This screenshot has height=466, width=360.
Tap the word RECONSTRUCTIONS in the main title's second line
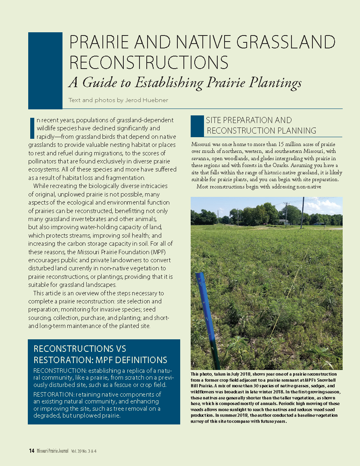pos(149,62)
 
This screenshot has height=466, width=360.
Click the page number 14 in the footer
pos(31,451)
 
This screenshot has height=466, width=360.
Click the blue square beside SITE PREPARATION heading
pos(197,126)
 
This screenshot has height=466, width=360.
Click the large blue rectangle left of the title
pos(45,71)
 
